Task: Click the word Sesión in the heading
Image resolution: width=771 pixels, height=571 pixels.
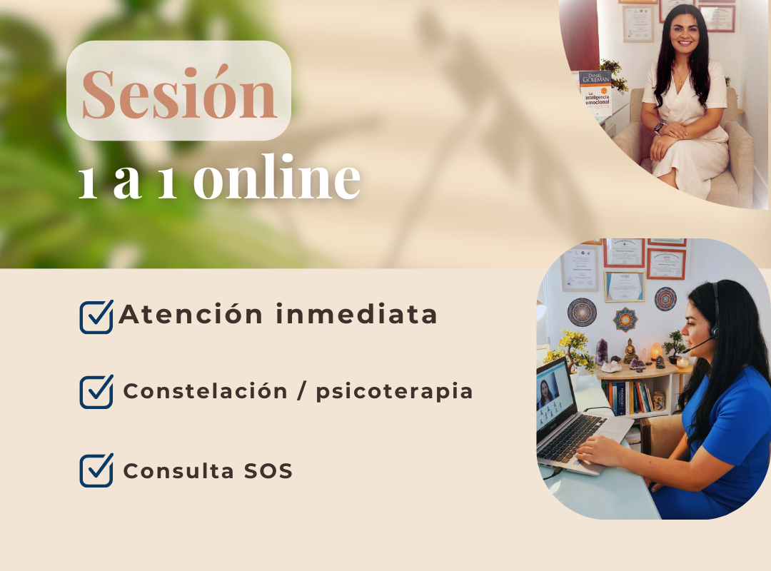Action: [x=179, y=93]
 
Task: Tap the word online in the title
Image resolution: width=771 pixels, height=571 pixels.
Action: [x=277, y=176]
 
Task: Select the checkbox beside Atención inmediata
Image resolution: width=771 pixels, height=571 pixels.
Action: [x=96, y=317]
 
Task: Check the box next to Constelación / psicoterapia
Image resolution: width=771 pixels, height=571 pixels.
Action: [x=96, y=391]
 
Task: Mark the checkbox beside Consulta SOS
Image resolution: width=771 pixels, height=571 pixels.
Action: [x=96, y=470]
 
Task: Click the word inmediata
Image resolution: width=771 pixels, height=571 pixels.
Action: [x=356, y=314]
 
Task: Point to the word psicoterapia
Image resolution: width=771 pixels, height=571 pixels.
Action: [x=394, y=393]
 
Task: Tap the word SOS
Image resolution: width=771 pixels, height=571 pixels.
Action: [x=268, y=471]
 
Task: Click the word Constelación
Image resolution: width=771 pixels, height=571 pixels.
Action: [x=205, y=391]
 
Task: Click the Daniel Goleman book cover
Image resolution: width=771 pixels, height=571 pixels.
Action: [x=595, y=93]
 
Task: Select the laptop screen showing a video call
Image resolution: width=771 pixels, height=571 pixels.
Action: [x=555, y=396]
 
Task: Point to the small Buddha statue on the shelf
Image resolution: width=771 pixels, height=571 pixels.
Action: [x=630, y=351]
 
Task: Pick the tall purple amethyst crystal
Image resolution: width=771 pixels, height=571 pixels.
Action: [x=601, y=352]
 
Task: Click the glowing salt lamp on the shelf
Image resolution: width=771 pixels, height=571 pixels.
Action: [x=657, y=352]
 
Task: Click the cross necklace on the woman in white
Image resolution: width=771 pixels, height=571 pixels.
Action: [x=680, y=79]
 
